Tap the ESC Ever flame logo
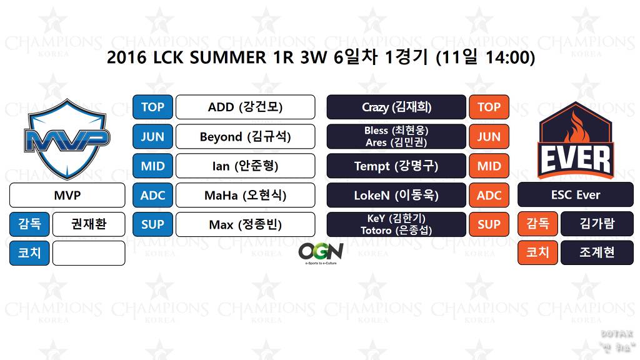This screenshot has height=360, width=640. (x=575, y=139)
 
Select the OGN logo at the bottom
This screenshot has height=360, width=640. (x=321, y=252)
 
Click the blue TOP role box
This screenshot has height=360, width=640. (x=152, y=107)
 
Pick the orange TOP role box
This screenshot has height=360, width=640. (x=489, y=107)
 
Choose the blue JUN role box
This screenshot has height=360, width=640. (x=152, y=136)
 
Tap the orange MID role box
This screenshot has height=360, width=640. (x=489, y=166)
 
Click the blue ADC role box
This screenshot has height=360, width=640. (x=152, y=195)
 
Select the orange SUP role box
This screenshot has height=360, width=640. (x=489, y=224)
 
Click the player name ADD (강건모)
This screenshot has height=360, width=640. (x=245, y=107)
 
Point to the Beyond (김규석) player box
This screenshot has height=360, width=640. (x=245, y=136)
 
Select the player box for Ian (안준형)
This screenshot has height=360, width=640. (x=245, y=166)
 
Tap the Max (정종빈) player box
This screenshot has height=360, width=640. (x=245, y=224)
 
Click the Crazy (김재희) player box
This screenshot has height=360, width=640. (x=396, y=107)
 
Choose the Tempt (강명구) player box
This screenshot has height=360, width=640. (x=396, y=166)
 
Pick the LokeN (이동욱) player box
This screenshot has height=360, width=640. (x=396, y=195)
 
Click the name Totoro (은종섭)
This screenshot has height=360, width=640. (x=396, y=231)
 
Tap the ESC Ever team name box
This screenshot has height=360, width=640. (x=575, y=195)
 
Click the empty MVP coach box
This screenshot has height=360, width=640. (x=89, y=253)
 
